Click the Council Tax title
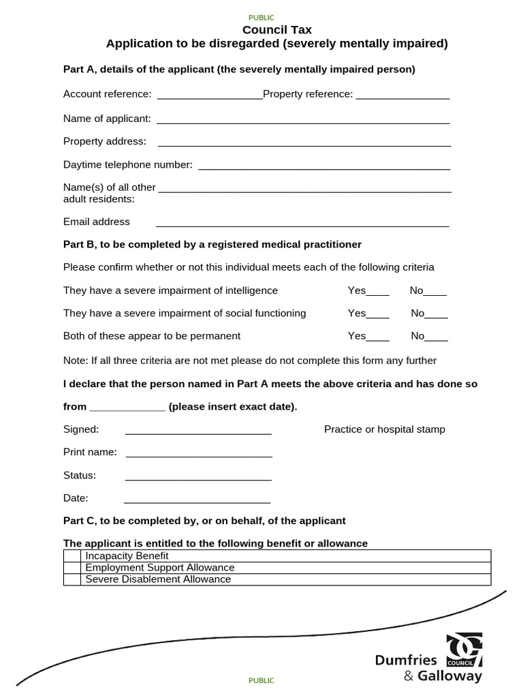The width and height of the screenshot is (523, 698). pyautogui.click(x=277, y=29)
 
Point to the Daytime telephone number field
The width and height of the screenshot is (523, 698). pyautogui.click(x=323, y=166)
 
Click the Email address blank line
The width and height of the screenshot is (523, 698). pyautogui.click(x=302, y=224)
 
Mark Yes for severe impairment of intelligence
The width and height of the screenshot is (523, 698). pyautogui.click(x=378, y=292)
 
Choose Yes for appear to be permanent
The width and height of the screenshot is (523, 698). pyautogui.click(x=378, y=338)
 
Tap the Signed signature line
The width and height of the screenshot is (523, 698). pyautogui.click(x=198, y=431)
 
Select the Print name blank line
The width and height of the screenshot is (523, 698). pyautogui.click(x=199, y=454)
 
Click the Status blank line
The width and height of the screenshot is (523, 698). pyautogui.click(x=198, y=477)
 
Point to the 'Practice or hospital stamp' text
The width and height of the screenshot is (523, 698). pyautogui.click(x=385, y=429)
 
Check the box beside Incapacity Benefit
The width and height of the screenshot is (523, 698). pyautogui.click(x=72, y=556)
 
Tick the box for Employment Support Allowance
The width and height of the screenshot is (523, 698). pyautogui.click(x=72, y=568)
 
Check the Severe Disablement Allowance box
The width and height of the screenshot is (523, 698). pyautogui.click(x=72, y=579)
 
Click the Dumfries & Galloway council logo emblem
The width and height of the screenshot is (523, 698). pyautogui.click(x=464, y=650)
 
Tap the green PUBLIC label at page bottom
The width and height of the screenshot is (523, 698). pyautogui.click(x=261, y=680)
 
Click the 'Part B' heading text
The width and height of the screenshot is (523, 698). pyautogui.click(x=212, y=245)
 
